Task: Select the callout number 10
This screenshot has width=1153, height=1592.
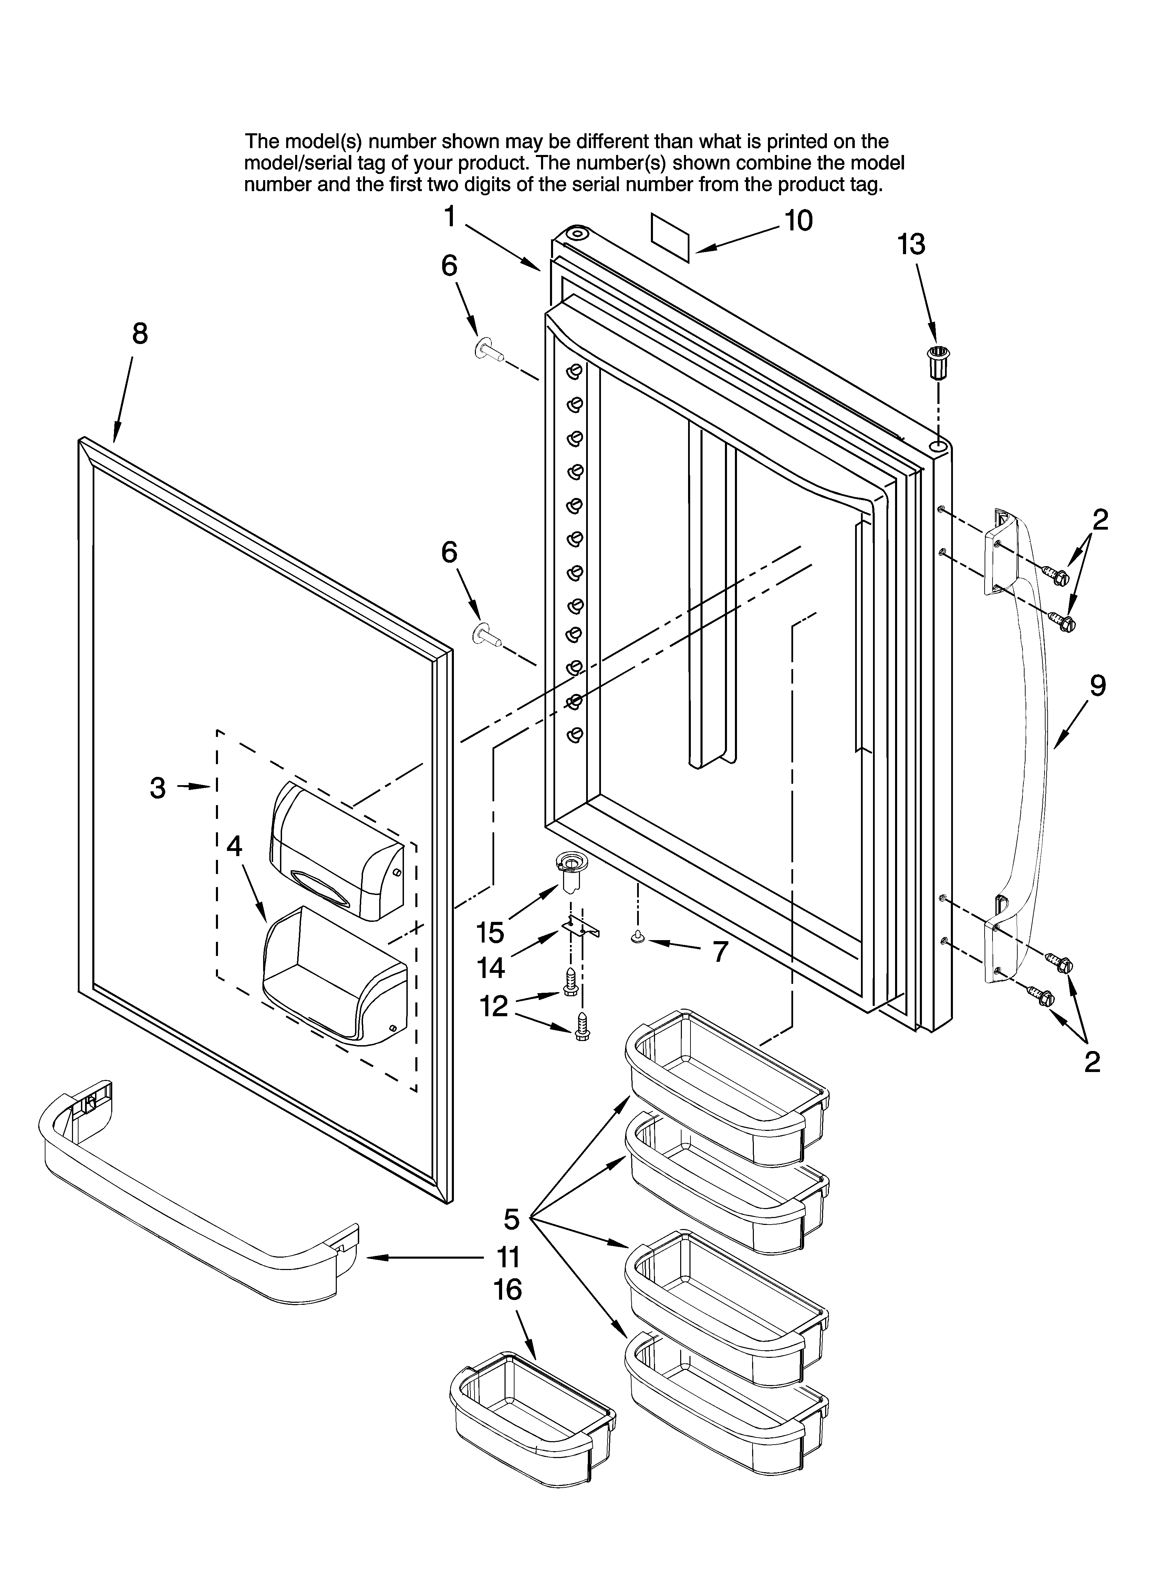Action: pyautogui.click(x=798, y=220)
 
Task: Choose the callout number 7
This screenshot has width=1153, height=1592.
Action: pyautogui.click(x=720, y=952)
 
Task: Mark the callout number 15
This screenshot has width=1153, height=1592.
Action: pyautogui.click(x=490, y=933)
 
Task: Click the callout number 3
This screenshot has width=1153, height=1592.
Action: pyautogui.click(x=158, y=788)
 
